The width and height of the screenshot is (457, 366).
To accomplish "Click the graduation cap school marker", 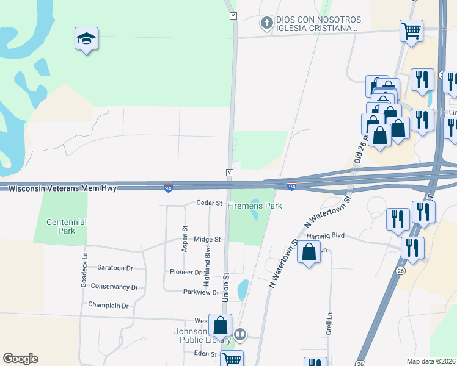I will tap(86, 39).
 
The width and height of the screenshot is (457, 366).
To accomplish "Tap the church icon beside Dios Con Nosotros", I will tap(266, 23).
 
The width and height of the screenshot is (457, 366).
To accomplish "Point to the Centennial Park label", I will tap(67, 226).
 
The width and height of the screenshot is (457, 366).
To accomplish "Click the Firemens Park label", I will tap(255, 206).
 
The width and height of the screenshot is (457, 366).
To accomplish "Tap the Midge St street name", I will tap(207, 240).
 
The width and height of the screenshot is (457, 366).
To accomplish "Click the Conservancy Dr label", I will tap(114, 286).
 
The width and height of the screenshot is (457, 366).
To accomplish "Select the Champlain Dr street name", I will tap(108, 305).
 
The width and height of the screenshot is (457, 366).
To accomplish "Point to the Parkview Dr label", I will tap(201, 292).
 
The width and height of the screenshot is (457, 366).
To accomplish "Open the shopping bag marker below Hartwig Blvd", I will tap(309, 252).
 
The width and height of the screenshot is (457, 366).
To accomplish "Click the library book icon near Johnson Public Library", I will tap(241, 334).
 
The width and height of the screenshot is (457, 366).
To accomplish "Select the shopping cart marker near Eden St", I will tap(232, 359).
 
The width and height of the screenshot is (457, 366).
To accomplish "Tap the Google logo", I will tap(20, 359).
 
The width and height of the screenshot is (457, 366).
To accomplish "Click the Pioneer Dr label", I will tap(185, 272).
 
